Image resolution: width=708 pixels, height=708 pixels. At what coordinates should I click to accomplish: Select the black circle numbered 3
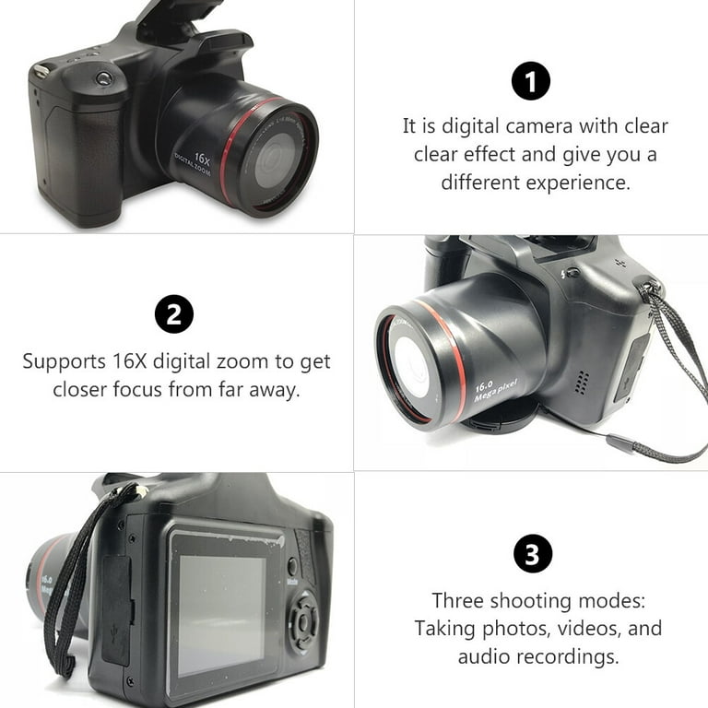coord(532,555)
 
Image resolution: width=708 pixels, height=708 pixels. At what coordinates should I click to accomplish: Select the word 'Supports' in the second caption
coord(65,361)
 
